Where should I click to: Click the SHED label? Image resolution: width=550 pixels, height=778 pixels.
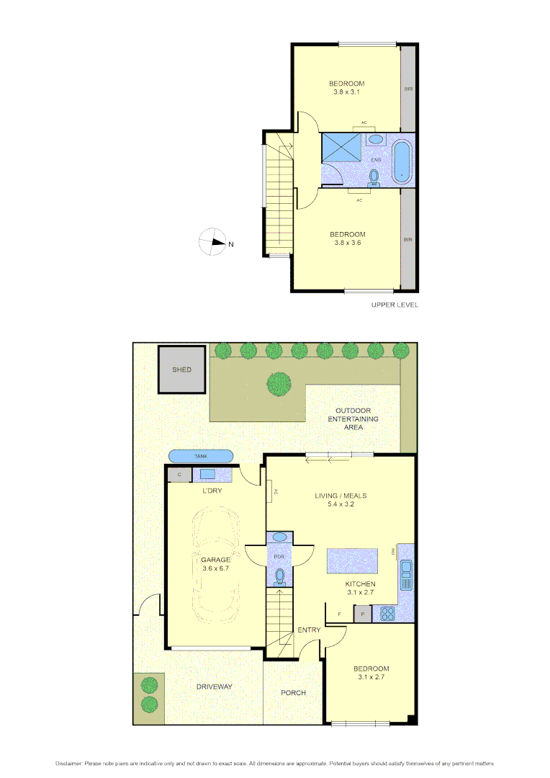pos(181,370)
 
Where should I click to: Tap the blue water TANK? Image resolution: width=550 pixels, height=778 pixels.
pos(201,457)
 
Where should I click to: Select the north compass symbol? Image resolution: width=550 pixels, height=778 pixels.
pos(213,243)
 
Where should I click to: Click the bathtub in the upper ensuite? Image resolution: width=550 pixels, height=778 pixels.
pos(401,162)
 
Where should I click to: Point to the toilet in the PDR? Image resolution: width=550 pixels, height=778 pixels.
pos(280,576)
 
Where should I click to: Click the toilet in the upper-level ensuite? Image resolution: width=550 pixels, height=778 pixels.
pos(374,177)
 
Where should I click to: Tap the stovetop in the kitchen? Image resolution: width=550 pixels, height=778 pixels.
pos(388,614)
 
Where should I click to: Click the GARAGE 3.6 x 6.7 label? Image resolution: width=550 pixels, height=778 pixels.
pos(215,564)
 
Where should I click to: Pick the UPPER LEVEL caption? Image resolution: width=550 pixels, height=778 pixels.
pos(395,305)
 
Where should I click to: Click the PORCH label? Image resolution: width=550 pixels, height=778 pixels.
pos(293,693)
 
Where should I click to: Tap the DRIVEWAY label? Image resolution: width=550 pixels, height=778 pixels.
pos(215,687)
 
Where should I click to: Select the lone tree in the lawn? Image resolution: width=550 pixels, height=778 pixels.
pos(277,383)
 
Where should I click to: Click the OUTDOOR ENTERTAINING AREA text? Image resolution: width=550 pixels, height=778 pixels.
pos(353,419)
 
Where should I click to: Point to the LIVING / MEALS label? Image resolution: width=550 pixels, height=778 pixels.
pos(341,500)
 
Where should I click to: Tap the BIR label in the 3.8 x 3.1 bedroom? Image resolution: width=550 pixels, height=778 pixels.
pos(408,89)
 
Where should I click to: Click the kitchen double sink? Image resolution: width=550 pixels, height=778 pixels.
pos(407,575)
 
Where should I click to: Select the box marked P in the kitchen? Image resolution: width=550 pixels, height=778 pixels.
pos(363,614)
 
